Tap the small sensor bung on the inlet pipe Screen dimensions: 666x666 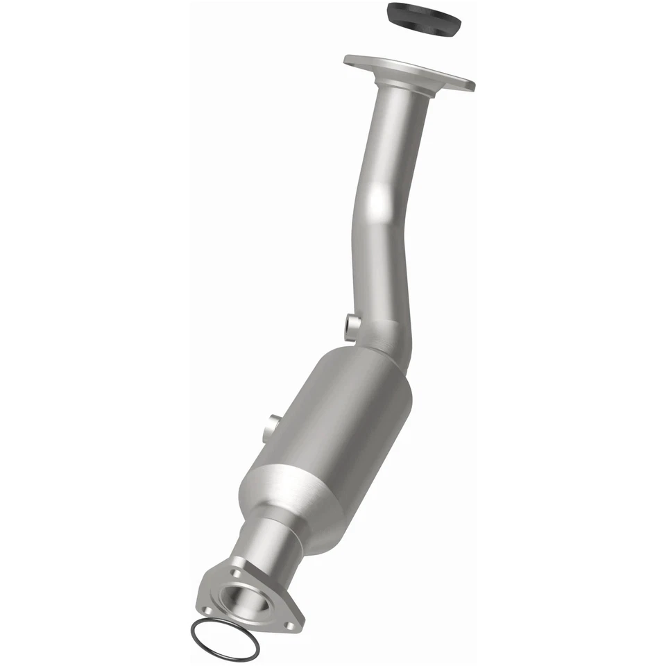(352, 323)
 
